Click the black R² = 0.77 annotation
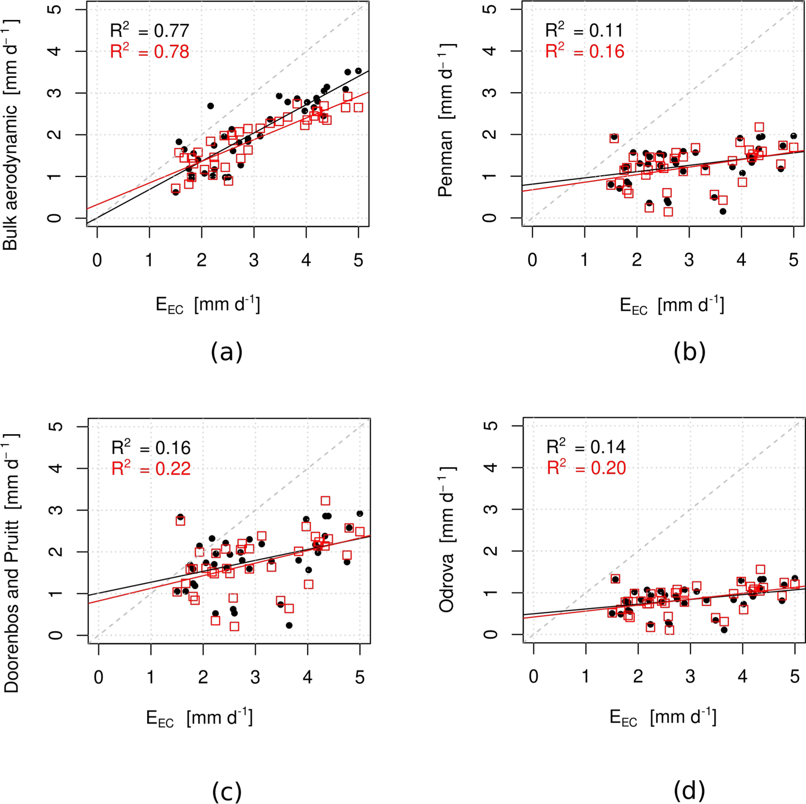(149, 31)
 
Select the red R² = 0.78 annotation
(149, 52)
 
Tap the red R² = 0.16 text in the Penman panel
(585, 52)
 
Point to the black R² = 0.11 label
(585, 31)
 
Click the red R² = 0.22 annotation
(151, 469)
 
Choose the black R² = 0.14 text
(586, 447)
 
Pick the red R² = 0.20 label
(586, 468)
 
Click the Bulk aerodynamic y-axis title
(11, 135)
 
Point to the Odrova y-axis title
(447, 538)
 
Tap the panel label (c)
(226, 790)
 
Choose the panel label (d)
(689, 790)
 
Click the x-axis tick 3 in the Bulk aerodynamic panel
(254, 260)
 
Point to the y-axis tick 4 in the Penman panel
(492, 51)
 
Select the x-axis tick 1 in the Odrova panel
(586, 676)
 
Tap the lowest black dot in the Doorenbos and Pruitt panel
(289, 625)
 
